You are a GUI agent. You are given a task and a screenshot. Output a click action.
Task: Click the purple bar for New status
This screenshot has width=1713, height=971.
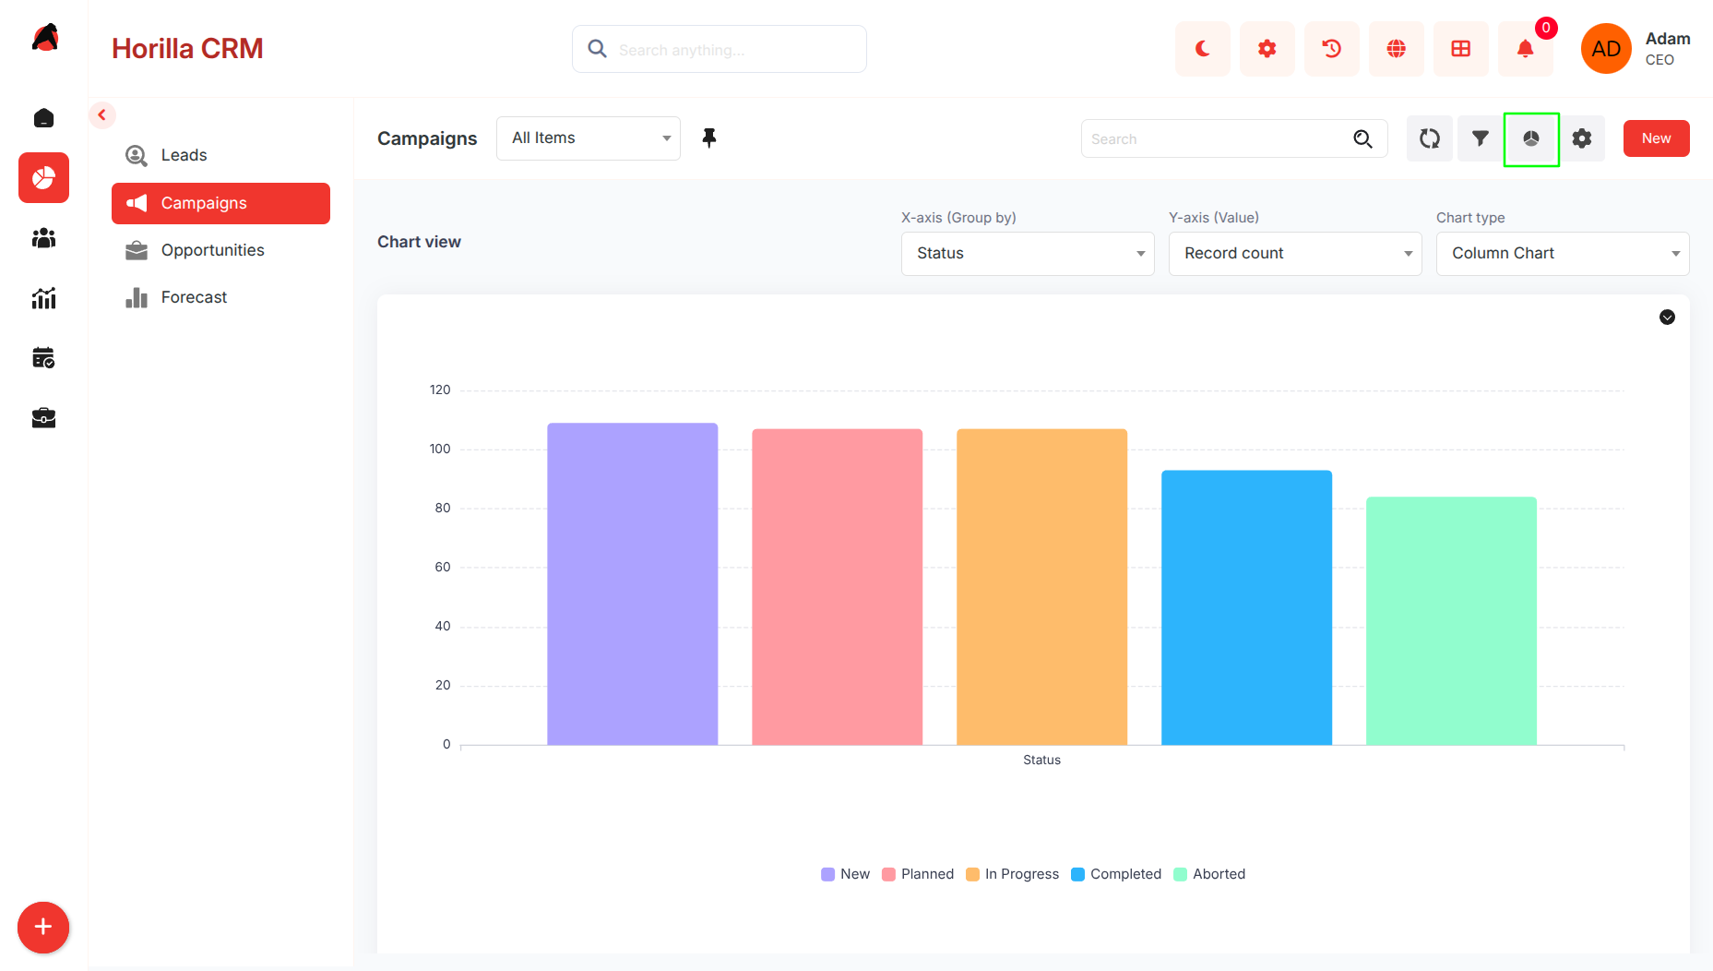pyautogui.click(x=632, y=583)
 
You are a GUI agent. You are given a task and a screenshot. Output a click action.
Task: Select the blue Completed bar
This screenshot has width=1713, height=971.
pyautogui.click(x=1246, y=607)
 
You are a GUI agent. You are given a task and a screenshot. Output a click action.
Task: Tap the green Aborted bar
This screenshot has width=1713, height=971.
pyautogui.click(x=1451, y=620)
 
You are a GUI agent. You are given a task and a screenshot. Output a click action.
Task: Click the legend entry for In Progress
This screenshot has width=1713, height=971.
pyautogui.click(x=1012, y=874)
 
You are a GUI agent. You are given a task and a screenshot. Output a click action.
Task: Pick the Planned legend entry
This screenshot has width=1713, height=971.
pyautogui.click(x=918, y=874)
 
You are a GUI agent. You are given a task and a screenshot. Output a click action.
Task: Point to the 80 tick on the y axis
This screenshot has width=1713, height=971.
pyautogui.click(x=443, y=508)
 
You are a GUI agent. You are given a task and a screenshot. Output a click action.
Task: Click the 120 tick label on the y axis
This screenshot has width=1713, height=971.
pyautogui.click(x=440, y=390)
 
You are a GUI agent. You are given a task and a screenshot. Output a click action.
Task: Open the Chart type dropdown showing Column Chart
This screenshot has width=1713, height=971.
pyautogui.click(x=1563, y=253)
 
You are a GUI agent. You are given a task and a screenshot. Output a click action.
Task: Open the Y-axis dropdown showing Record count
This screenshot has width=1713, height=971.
pyautogui.click(x=1295, y=253)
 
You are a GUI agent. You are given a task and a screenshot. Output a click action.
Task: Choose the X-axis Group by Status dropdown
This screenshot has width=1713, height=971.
pyautogui.click(x=1028, y=253)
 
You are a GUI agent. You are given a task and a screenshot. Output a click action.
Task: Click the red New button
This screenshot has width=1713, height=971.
pyautogui.click(x=1656, y=138)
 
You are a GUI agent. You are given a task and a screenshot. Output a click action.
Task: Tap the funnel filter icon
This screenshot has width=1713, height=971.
pyautogui.click(x=1481, y=138)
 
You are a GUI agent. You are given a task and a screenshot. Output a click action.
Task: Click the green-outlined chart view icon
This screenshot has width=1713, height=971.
pyautogui.click(x=1531, y=138)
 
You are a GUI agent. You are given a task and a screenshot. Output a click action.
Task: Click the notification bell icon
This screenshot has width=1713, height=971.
pyautogui.click(x=1526, y=49)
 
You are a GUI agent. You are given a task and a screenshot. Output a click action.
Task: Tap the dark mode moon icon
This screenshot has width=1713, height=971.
pyautogui.click(x=1203, y=49)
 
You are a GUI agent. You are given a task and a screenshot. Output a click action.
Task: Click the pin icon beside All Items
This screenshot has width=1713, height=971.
pyautogui.click(x=709, y=138)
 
